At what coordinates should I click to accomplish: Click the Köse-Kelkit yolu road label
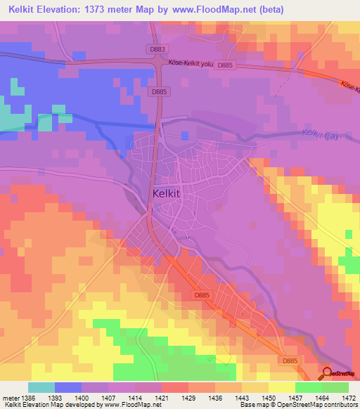(x=190, y=63)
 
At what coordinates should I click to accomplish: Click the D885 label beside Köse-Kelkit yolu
(x=225, y=65)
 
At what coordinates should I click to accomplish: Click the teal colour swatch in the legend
(x=41, y=387)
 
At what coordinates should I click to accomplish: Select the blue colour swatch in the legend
(x=68, y=387)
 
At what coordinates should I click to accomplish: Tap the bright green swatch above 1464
(x=308, y=387)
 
